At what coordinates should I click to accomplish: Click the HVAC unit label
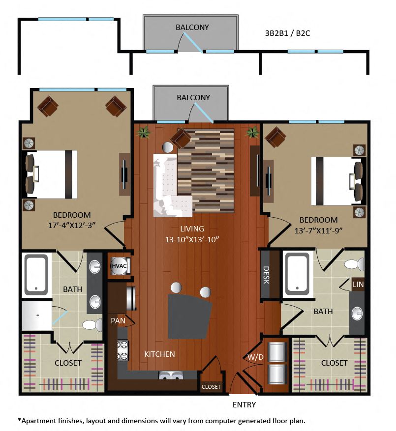click(117, 266)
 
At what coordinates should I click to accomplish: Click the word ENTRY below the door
click(244, 404)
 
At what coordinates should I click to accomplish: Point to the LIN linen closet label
click(358, 284)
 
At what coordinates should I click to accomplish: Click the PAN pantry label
click(118, 321)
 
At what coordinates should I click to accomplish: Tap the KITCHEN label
click(159, 354)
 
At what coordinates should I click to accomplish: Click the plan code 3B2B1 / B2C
click(288, 33)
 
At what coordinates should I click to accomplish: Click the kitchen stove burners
click(122, 350)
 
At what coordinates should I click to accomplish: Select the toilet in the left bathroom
click(90, 324)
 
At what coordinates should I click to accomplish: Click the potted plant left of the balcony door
click(144, 132)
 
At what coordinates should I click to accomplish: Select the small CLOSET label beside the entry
click(211, 387)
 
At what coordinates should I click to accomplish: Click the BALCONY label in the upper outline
click(192, 28)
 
